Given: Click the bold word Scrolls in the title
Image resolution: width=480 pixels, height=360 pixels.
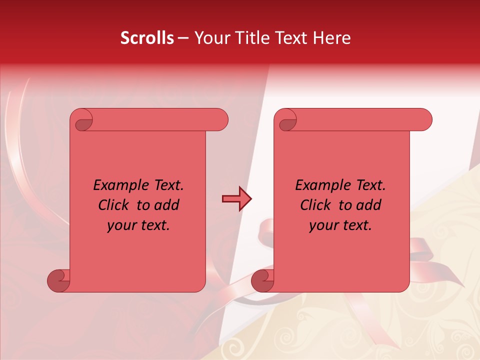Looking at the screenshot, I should [x=146, y=38].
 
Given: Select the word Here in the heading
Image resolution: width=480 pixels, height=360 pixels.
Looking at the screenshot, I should [x=331, y=38].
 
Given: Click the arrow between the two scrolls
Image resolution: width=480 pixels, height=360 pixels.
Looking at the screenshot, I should [x=236, y=199].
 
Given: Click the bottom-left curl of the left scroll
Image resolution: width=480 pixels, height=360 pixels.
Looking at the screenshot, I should [x=58, y=280].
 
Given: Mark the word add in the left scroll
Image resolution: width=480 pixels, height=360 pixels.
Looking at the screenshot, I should [x=167, y=205].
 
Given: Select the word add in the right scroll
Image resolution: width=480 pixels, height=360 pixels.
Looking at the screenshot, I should [x=369, y=205].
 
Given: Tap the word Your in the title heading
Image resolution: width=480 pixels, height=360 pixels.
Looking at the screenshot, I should [x=210, y=38].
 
